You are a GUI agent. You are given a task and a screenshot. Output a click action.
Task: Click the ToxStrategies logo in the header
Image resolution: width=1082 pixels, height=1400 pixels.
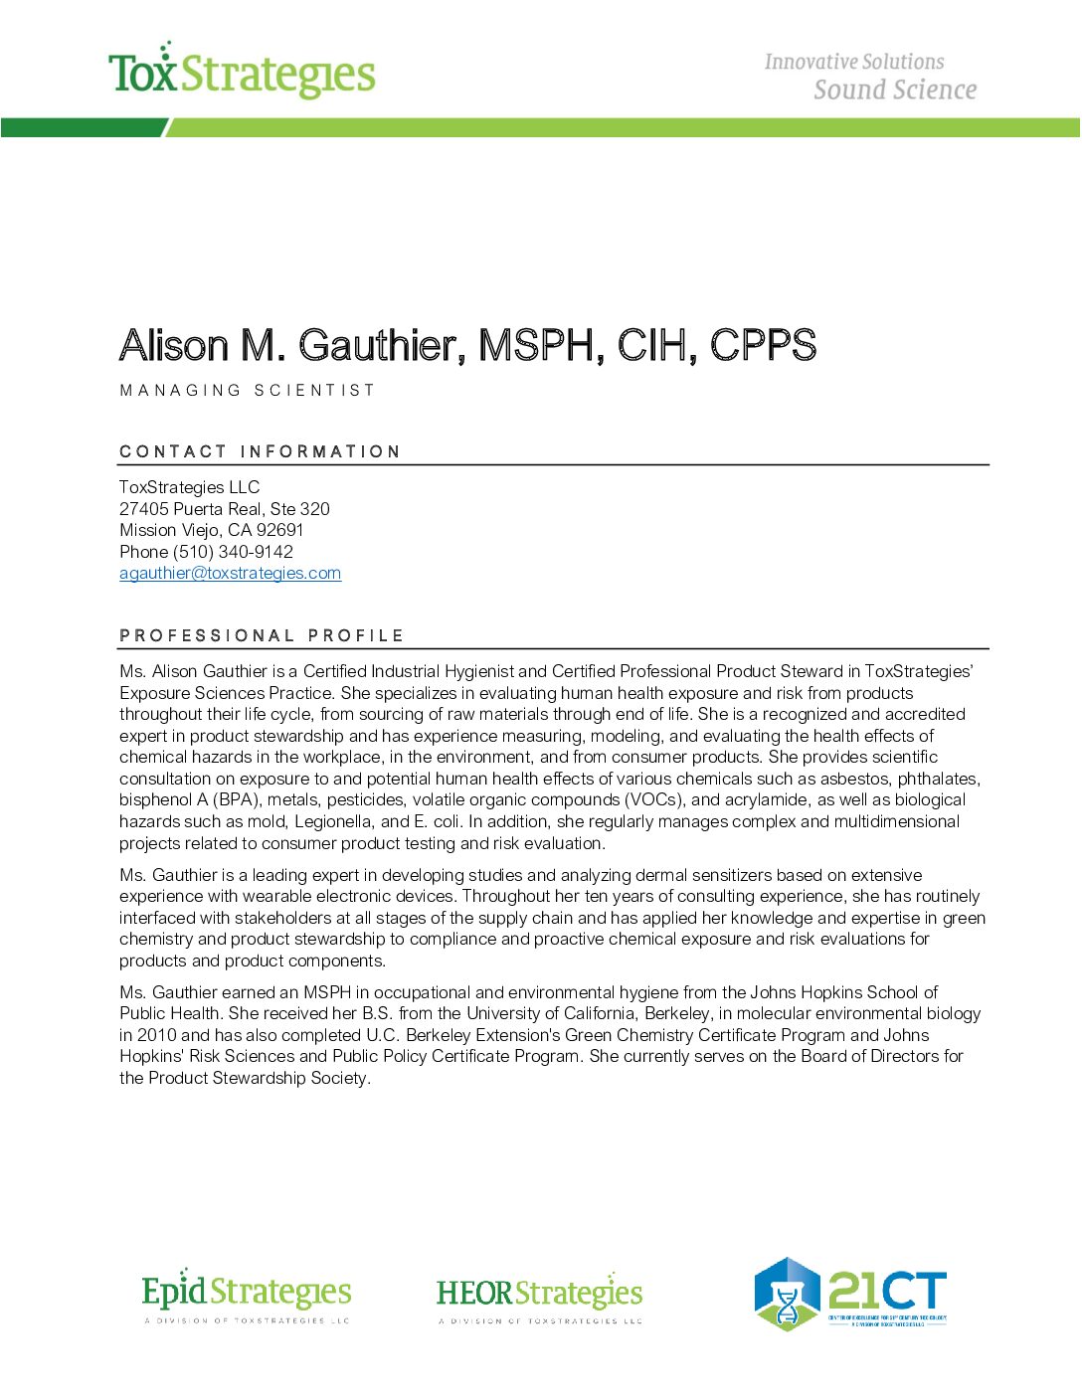tap(242, 72)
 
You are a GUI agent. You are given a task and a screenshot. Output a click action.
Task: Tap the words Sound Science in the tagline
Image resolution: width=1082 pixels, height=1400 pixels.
tap(894, 90)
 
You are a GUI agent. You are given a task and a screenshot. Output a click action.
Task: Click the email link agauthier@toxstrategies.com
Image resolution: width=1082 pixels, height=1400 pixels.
tap(230, 574)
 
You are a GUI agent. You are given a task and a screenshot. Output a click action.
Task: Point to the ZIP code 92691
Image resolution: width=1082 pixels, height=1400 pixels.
tap(279, 530)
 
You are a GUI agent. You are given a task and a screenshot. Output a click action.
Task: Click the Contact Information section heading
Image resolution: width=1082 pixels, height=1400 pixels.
tap(260, 451)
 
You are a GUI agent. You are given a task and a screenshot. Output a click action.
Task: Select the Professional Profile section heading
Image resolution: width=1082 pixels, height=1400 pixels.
tap(262, 635)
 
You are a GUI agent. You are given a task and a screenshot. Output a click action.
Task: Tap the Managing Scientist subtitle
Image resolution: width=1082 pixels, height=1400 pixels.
tap(247, 391)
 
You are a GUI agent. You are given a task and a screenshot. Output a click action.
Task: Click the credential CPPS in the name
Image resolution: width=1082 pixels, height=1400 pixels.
tap(763, 346)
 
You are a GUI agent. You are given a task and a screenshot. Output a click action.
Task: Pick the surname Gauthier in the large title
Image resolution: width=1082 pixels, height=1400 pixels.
tap(381, 346)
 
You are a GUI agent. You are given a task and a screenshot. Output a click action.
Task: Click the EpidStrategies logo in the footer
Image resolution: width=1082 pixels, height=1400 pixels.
tap(247, 1295)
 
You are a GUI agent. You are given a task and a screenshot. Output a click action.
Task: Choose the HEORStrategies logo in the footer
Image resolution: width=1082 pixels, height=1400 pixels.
tap(539, 1295)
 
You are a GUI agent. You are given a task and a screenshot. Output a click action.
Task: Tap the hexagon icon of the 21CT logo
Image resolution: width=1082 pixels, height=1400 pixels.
tap(787, 1294)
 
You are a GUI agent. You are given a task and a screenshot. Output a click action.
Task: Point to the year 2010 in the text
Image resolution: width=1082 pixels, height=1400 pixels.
tap(157, 1035)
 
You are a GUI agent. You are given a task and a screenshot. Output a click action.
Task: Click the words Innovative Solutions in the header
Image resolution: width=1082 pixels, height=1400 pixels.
tap(853, 62)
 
